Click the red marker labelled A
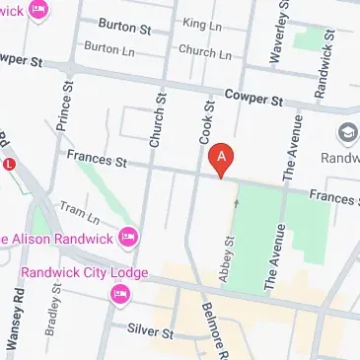pos(224,158)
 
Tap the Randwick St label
pos(320,69)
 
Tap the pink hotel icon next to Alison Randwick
pos(127,238)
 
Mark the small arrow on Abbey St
pos(235,203)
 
